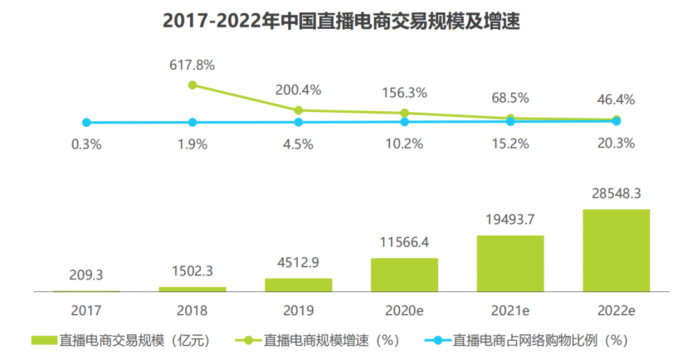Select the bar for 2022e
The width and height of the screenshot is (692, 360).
click(616, 250)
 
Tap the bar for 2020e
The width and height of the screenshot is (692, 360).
click(404, 275)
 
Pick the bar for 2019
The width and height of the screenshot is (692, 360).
click(299, 285)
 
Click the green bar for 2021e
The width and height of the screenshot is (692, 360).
click(511, 263)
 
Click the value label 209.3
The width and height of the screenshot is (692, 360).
click(86, 275)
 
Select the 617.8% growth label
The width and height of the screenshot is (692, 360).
click(192, 65)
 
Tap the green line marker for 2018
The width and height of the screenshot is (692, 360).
click(192, 85)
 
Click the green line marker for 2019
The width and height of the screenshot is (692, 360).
click(299, 110)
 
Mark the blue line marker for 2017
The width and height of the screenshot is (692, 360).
click(86, 122)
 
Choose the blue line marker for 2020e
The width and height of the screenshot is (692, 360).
click(404, 122)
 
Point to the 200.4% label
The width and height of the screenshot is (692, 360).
click(298, 90)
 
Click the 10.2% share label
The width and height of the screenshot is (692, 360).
click(404, 143)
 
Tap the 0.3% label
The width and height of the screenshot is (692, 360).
click(86, 144)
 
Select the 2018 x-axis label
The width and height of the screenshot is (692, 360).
click(192, 311)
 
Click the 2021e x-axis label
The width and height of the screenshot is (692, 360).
click(511, 311)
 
